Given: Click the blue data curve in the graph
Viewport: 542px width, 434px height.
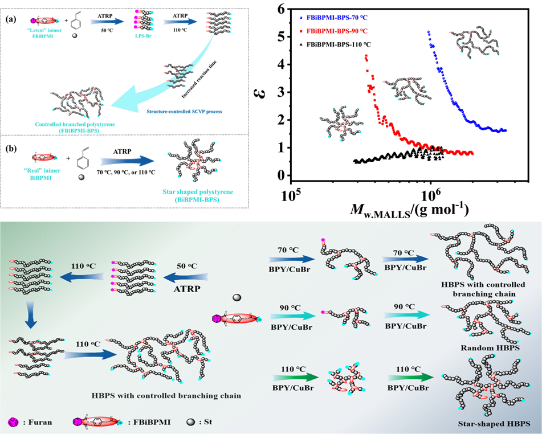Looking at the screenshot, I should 456,103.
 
